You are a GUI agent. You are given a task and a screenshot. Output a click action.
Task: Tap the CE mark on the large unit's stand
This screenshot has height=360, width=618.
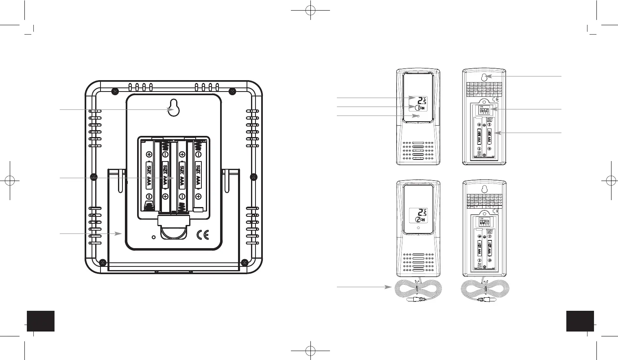[x=203, y=236]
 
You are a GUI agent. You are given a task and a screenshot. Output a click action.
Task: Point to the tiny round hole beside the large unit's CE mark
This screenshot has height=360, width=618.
[x=153, y=237]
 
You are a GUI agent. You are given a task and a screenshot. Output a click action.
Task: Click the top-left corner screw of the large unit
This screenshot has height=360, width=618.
[x=115, y=90]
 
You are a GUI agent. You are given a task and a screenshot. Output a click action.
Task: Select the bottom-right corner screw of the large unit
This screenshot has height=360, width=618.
[x=245, y=262]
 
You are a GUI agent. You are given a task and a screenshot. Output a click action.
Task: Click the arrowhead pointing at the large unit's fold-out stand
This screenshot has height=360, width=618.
[x=120, y=233]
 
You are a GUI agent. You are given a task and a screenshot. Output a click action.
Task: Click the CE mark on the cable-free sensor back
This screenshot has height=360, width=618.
[x=496, y=99]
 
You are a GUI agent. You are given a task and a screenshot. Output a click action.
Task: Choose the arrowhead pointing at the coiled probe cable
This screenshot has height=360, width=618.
[x=388, y=287]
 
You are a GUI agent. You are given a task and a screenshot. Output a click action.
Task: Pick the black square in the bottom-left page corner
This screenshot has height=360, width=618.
[x=41, y=321]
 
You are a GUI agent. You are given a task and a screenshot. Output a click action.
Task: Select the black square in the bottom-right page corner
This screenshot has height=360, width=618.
[x=580, y=321]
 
